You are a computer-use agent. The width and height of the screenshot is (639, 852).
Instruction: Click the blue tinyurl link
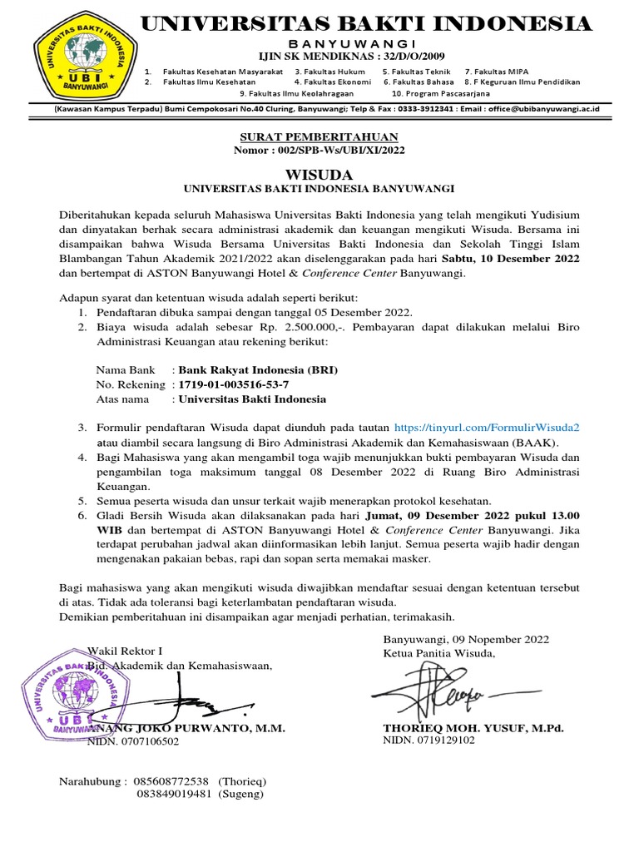(487, 427)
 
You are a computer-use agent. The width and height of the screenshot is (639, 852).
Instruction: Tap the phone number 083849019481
(173, 795)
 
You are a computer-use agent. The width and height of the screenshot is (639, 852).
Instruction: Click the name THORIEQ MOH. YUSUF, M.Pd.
(473, 728)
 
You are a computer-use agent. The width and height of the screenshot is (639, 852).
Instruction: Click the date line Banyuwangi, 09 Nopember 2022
(466, 639)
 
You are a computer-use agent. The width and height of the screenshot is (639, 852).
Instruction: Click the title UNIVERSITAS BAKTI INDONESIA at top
(366, 23)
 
